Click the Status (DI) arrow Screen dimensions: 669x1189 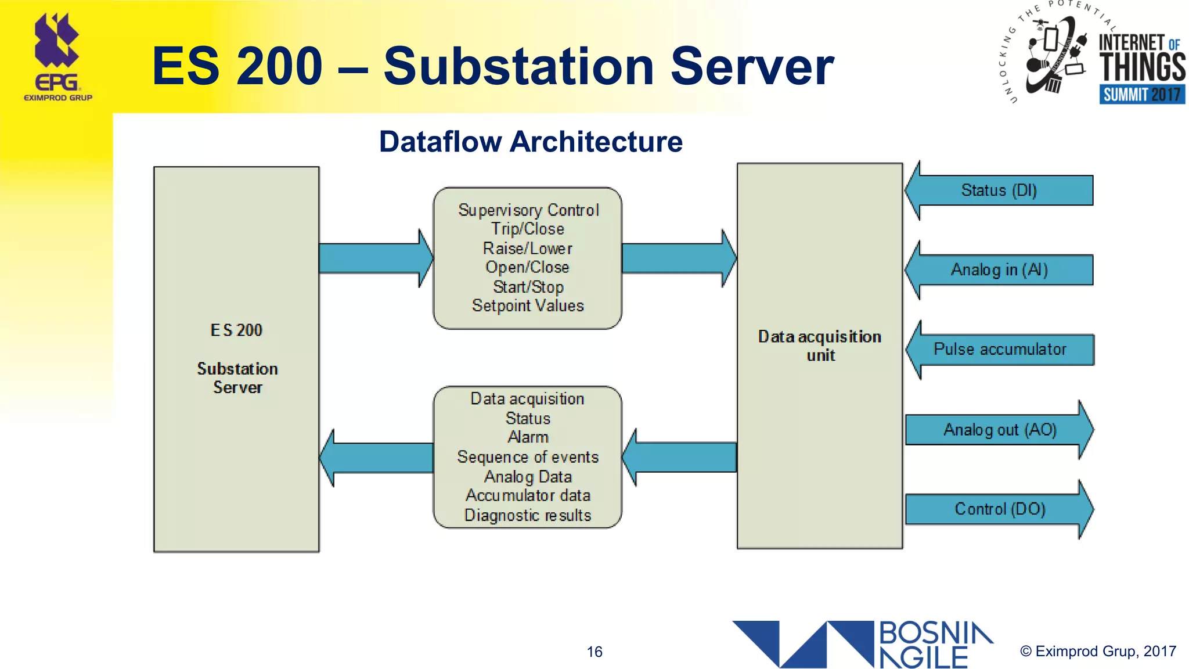coord(999,190)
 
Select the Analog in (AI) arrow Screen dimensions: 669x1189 coord(999,270)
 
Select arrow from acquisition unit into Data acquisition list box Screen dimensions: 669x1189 coord(679,458)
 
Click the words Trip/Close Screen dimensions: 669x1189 coord(528,229)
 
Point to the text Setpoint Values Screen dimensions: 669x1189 coord(528,306)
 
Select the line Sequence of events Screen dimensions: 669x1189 coord(528,457)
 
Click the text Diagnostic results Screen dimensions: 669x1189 coord(528,515)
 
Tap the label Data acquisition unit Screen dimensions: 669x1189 coord(820,346)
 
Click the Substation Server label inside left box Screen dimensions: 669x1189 coord(237,378)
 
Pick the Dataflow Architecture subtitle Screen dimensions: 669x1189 coord(531,142)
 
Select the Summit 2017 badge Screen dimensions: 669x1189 coord(1141,94)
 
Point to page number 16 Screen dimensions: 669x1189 coord(594,652)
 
